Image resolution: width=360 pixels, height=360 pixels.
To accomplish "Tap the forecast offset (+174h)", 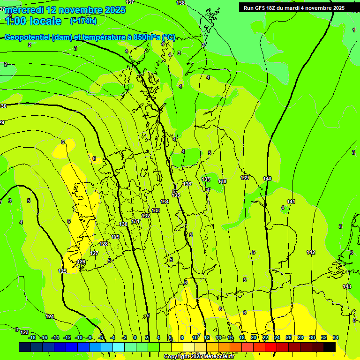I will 83,21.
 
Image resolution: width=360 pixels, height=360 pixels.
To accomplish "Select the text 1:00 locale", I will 33,21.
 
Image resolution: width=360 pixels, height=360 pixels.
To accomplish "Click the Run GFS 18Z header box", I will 294,7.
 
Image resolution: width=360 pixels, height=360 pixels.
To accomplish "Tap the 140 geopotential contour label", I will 267,179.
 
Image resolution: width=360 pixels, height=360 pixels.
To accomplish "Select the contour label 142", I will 311,252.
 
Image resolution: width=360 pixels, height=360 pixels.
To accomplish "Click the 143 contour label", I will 347,286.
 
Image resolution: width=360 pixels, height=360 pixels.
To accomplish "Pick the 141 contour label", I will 291,202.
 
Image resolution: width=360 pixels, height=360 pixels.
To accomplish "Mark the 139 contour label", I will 245,178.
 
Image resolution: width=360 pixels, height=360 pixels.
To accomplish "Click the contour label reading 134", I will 165,202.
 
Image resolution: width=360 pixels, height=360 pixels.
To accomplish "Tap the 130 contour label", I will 123,224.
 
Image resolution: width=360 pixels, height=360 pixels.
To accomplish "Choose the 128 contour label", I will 104,244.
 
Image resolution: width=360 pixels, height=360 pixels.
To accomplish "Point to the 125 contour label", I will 62,271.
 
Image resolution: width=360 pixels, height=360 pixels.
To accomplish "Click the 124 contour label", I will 50,316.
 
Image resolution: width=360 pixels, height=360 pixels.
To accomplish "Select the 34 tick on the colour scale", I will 336,337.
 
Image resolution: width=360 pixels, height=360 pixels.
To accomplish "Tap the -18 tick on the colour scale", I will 32,337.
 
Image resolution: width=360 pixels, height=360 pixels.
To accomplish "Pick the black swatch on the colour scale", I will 330,347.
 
